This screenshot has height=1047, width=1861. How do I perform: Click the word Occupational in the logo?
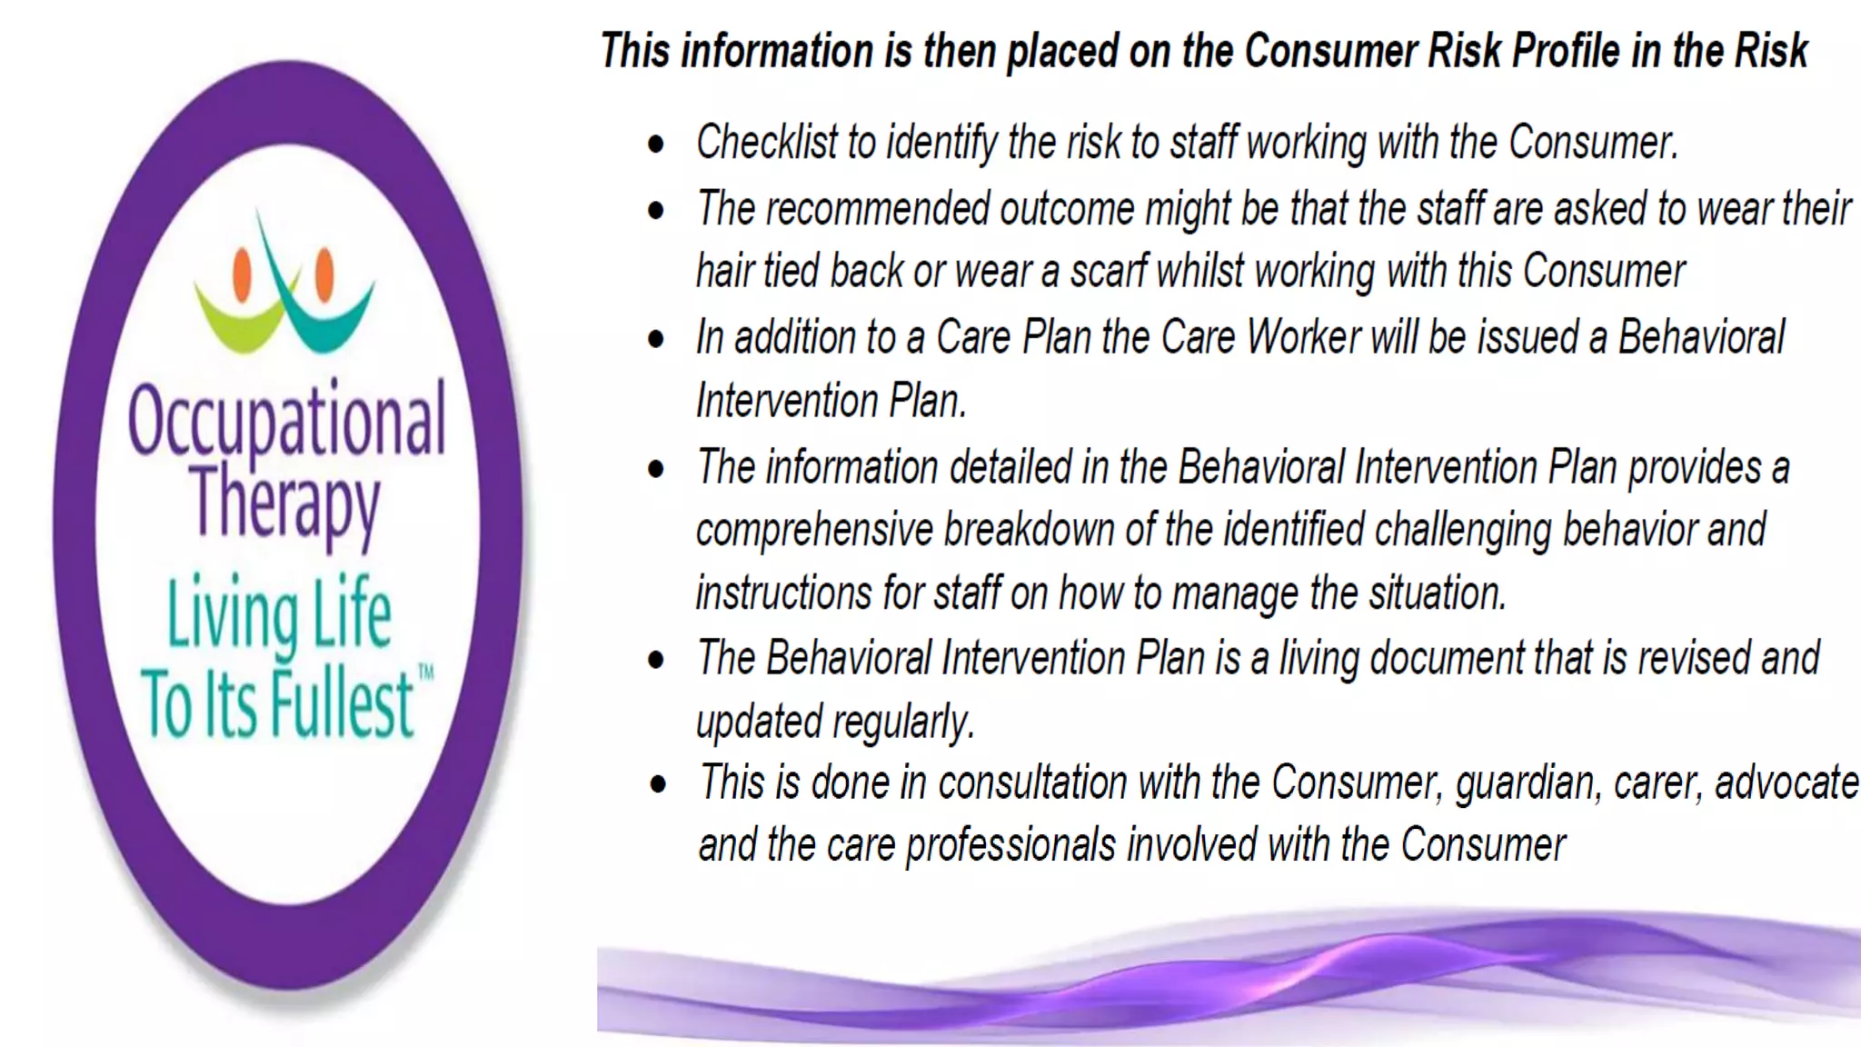(286, 420)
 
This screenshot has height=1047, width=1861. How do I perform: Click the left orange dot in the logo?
(242, 274)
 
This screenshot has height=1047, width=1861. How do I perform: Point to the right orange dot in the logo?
(324, 274)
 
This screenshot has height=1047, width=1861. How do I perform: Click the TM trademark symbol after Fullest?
(425, 673)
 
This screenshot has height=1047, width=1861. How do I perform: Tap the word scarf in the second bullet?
(1109, 272)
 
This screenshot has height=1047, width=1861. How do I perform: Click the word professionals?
(1011, 845)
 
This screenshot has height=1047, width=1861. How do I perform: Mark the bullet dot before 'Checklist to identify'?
(656, 144)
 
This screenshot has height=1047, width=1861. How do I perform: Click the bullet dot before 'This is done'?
(658, 783)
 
